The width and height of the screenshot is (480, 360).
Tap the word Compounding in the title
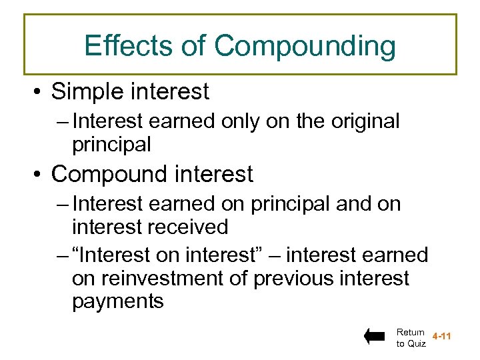(305, 47)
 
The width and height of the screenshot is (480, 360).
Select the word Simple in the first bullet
(90, 91)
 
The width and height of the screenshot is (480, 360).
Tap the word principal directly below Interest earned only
(112, 143)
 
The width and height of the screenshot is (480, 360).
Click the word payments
(117, 301)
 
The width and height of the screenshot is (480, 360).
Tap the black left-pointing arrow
(375, 337)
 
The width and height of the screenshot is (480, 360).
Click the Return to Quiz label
(410, 337)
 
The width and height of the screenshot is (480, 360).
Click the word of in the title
(195, 46)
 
